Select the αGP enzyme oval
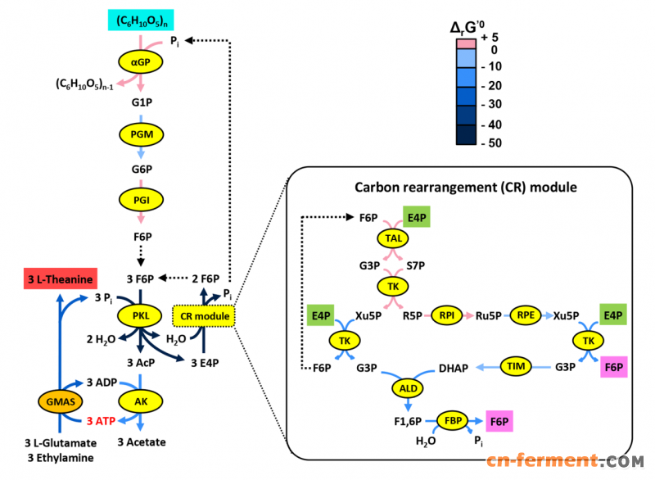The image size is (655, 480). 142,61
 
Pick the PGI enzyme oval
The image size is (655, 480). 141,199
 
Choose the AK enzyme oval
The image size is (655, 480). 141,401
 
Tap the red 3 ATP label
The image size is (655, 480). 100,421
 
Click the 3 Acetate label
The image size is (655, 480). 141,442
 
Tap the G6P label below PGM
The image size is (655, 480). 142,170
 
